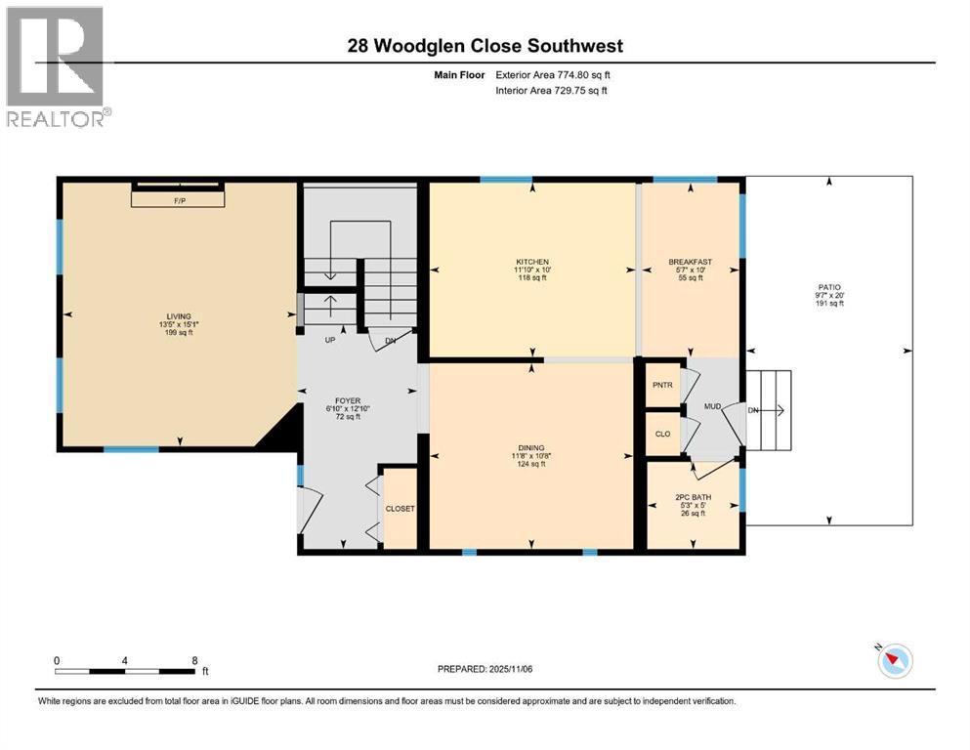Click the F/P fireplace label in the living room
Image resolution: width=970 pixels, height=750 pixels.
coord(180,199)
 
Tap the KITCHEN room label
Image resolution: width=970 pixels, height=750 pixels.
coord(532,262)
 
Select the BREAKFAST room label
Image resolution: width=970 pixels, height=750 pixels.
coord(690,262)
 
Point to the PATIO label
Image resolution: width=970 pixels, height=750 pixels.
coord(829,288)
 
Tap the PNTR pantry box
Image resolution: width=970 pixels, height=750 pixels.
coord(662,385)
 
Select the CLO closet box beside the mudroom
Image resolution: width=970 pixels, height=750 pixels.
coord(662,434)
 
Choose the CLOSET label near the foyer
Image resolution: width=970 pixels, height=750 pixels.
coord(400,509)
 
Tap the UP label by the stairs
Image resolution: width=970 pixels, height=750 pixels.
coord(331,340)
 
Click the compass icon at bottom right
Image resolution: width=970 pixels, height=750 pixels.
coord(894,661)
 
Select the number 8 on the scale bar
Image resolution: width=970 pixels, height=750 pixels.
coord(194,660)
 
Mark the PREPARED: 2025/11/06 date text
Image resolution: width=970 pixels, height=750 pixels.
coord(485,669)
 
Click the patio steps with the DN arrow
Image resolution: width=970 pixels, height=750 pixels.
coord(769,409)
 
